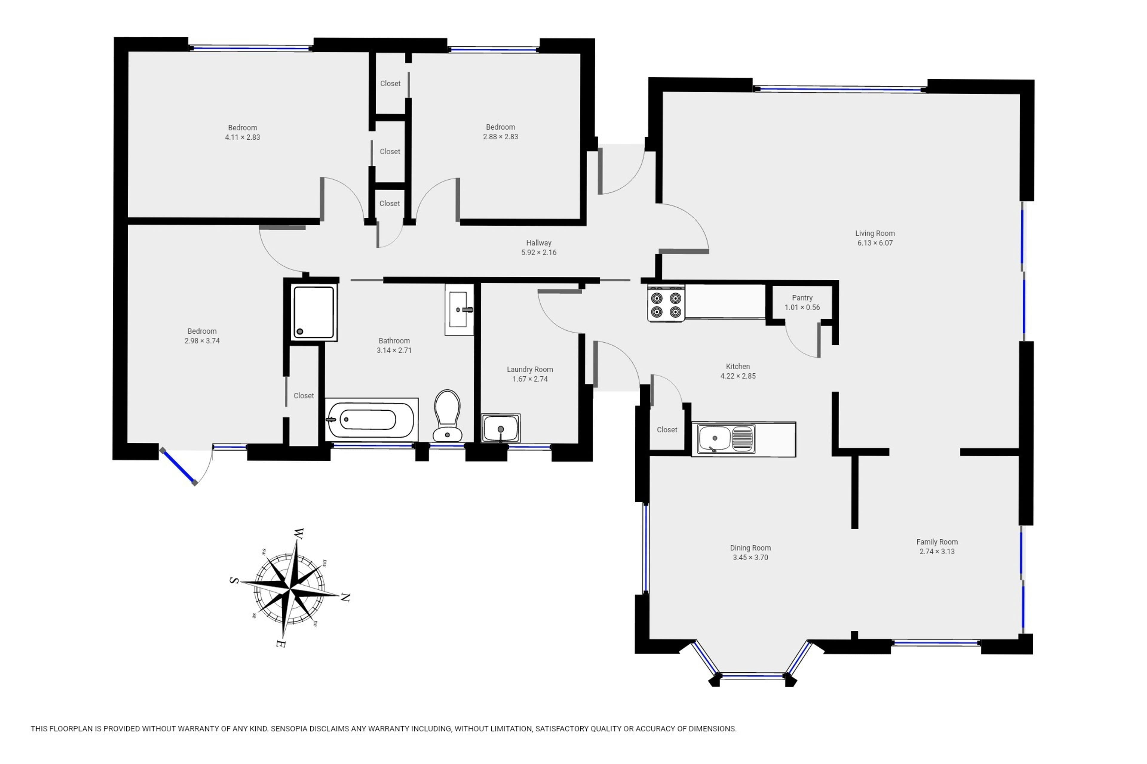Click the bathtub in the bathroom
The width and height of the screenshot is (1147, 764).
tap(372, 420)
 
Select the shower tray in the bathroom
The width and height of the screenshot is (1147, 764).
tap(314, 312)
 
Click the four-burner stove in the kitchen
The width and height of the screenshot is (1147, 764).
tap(666, 304)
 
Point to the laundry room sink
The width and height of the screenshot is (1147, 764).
tap(501, 428)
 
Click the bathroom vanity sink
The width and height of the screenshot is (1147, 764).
tap(459, 310)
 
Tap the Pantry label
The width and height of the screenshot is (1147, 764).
tap(802, 298)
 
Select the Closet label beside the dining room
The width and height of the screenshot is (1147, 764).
tap(667, 430)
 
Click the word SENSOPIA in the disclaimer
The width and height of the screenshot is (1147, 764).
tap(290, 729)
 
